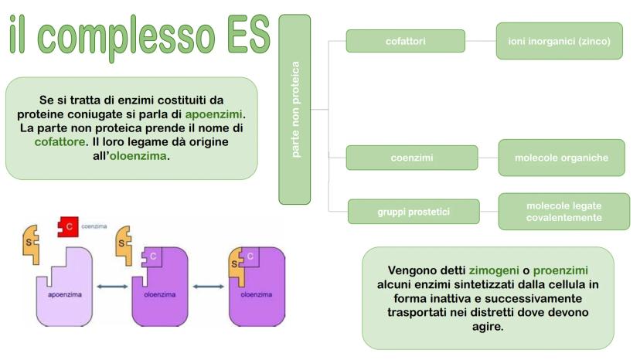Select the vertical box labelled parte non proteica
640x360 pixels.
[294, 109]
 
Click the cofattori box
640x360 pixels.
[405, 41]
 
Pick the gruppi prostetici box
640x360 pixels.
[413, 211]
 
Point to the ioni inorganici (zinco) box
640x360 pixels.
[560, 41]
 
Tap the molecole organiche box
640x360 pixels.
[561, 158]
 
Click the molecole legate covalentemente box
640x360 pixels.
[563, 212]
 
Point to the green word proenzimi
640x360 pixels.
[560, 270]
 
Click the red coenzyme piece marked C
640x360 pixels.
[70, 228]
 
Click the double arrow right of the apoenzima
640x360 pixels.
[112, 287]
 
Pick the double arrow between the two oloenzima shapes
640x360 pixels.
[208, 287]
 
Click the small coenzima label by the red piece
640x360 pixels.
[95, 227]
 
